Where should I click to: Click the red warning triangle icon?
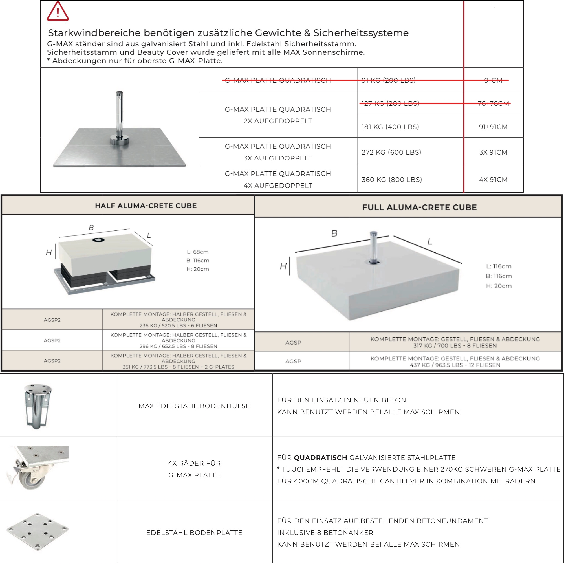coord(58,12)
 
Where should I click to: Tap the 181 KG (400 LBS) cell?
coord(390,127)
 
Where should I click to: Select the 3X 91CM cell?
coord(493,152)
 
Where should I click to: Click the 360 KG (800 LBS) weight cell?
coord(391,180)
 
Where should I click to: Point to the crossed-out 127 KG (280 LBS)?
coord(390,103)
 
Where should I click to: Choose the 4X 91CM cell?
coord(493,180)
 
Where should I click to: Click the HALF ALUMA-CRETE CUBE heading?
coord(146,206)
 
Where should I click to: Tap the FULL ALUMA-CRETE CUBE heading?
coord(419,207)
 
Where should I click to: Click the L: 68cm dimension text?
coord(198,252)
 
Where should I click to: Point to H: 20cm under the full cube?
coord(499,286)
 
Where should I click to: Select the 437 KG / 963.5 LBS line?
coord(455,365)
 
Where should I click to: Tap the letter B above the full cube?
coord(334,233)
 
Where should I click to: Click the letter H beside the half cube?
coord(49,252)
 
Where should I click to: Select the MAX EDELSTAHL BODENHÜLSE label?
coord(194,406)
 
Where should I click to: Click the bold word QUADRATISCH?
coord(320,457)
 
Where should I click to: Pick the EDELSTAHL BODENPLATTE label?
coord(194,532)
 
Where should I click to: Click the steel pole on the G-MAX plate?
coord(119,114)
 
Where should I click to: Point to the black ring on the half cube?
coord(98,240)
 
